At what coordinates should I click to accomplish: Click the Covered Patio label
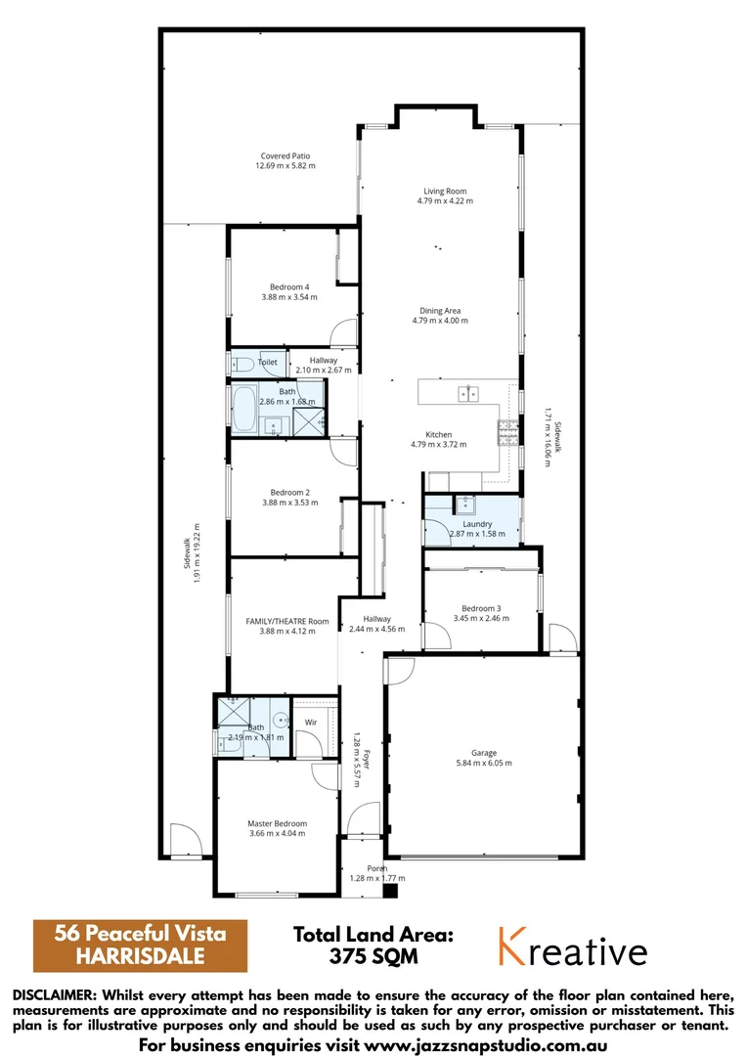(286, 155)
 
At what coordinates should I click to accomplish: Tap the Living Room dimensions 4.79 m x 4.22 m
(445, 201)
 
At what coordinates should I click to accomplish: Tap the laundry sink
(462, 506)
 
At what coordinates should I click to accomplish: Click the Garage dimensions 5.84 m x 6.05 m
(484, 764)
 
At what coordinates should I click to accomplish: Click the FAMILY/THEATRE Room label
(286, 621)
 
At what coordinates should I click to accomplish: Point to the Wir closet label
(310, 724)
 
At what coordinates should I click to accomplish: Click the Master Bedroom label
(277, 823)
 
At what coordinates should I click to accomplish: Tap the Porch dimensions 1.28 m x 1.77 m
(376, 878)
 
